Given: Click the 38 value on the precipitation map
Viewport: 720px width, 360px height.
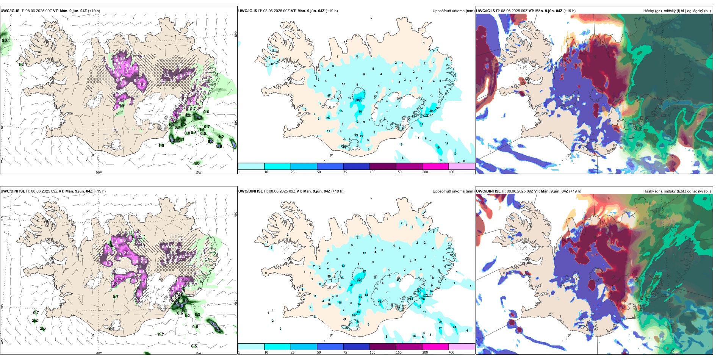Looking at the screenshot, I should tap(358, 100).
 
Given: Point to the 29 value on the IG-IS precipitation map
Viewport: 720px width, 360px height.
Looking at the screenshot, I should tap(431, 111).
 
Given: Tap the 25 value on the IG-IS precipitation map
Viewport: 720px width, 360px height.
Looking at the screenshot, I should tap(328, 118).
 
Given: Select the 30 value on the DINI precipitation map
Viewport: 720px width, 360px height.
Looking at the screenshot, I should tap(358, 280).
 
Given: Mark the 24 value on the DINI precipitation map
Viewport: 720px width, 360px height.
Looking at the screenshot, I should tap(454, 327).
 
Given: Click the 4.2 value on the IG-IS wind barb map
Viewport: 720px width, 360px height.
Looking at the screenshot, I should tap(199, 118).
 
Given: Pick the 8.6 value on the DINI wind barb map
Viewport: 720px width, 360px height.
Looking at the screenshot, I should tap(182, 305).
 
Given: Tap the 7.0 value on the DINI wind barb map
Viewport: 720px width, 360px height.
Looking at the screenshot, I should tap(213, 324).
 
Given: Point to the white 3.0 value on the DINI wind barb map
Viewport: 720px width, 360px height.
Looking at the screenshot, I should tap(115, 283).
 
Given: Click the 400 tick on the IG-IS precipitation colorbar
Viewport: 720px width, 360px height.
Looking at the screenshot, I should tap(451, 172).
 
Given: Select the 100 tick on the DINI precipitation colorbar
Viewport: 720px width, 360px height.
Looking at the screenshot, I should tap(373, 352).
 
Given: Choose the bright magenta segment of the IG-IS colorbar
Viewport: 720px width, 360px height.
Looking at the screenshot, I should tap(435, 166).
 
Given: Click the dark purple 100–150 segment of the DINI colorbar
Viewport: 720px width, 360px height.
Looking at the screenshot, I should tap(382, 347).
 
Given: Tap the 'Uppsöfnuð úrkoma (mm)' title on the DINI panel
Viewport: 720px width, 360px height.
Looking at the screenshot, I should tap(453, 191).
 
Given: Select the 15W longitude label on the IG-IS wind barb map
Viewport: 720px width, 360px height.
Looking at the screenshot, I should tap(198, 173).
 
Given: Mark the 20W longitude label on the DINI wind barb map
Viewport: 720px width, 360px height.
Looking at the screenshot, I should tap(99, 353).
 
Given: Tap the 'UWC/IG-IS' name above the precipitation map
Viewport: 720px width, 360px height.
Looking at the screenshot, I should tap(247, 11).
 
